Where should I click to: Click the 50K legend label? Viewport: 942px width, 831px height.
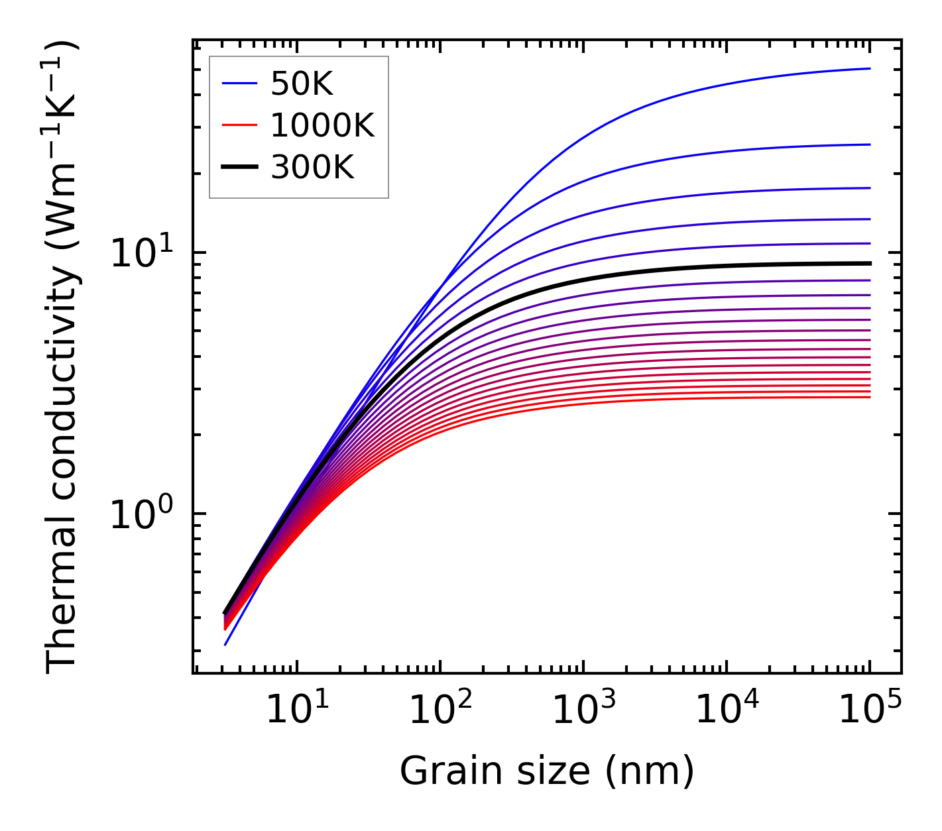click(302, 83)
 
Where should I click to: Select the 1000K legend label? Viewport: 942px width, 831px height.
click(322, 125)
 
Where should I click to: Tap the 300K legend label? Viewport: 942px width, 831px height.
click(312, 168)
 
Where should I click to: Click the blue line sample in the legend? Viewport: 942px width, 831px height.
click(239, 83)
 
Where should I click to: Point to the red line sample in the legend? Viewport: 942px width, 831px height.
click(239, 125)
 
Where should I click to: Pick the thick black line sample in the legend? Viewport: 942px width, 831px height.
click(239, 168)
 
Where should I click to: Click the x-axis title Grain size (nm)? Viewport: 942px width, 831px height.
click(547, 771)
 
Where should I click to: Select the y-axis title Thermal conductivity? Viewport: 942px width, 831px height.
click(62, 357)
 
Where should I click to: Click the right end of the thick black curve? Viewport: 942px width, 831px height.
click(869, 263)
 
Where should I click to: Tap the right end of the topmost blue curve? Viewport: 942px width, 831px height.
click(869, 68)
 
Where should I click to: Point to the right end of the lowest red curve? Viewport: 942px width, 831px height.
click(869, 397)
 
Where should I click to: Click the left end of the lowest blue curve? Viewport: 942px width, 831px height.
click(225, 644)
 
